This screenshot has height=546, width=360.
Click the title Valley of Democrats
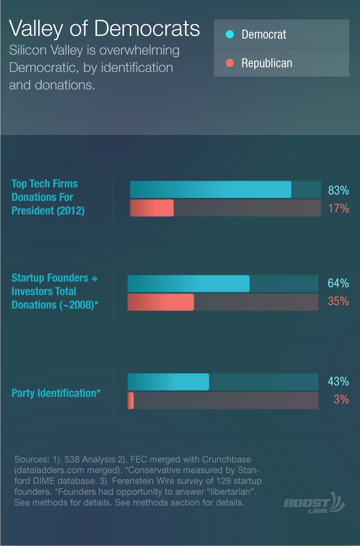(x=104, y=29)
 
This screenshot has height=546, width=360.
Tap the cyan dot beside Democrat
(x=229, y=34)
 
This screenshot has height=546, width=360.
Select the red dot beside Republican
(x=229, y=62)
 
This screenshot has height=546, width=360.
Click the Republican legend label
(x=267, y=63)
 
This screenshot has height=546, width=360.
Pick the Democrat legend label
(x=264, y=34)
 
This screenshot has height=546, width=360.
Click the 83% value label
(x=339, y=190)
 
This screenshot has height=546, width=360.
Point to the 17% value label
(x=339, y=208)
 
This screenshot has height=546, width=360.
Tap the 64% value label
(x=338, y=283)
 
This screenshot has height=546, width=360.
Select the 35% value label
(x=338, y=301)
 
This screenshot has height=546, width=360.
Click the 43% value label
(x=338, y=381)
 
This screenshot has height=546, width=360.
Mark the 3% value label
(x=341, y=399)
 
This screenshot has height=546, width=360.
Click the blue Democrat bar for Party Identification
(x=168, y=382)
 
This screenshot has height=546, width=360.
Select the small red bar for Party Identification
(x=130, y=400)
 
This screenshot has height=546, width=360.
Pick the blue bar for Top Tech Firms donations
(x=210, y=189)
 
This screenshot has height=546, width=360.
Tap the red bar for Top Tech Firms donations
(x=152, y=208)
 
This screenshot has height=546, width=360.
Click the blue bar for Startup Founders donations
(x=188, y=283)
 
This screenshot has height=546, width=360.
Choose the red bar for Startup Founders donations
(x=161, y=302)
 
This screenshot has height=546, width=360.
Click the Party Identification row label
(x=56, y=393)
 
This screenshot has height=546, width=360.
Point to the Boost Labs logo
(x=314, y=503)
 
